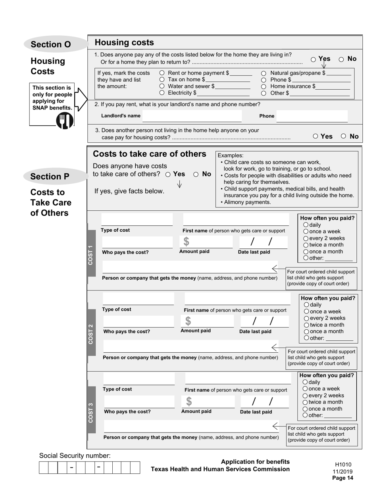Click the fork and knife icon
(64, 120)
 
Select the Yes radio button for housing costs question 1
(314, 60)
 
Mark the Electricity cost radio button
(162, 93)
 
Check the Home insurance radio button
(264, 86)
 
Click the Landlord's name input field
(192, 116)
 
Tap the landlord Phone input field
(312, 116)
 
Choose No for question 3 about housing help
(344, 136)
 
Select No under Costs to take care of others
(196, 174)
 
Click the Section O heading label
(51, 44)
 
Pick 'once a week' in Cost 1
(306, 232)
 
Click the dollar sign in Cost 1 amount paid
(186, 242)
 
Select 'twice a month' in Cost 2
(306, 325)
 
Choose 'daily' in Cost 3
(305, 382)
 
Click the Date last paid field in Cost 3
(264, 402)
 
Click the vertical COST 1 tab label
(91, 255)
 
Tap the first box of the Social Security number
(44, 468)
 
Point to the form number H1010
(343, 465)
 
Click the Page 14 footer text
(342, 478)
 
